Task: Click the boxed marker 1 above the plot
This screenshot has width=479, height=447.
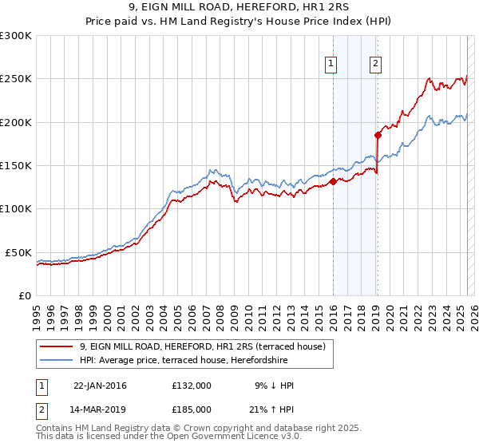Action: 331,65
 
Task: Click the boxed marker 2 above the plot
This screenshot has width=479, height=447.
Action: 375,65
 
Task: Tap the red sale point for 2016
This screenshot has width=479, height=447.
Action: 333,181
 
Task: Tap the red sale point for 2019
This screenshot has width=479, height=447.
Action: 378,135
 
